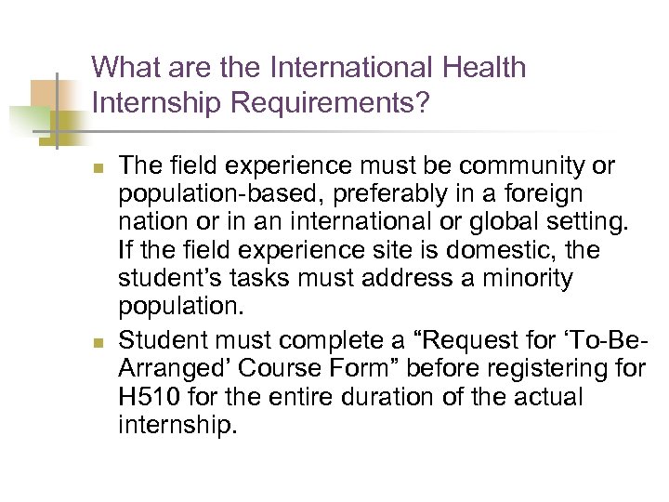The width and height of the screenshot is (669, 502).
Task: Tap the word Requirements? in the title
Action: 328,103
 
